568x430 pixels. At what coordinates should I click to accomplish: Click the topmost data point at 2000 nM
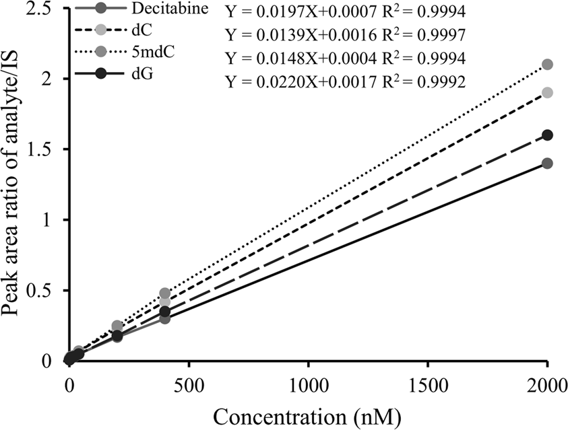[547, 65]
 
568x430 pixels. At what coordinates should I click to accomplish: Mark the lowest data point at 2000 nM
[547, 164]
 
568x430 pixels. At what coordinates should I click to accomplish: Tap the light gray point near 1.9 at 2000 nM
[547, 92]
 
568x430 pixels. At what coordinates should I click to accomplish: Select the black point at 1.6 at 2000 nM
[547, 135]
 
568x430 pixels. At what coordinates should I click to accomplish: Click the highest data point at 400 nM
[164, 293]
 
